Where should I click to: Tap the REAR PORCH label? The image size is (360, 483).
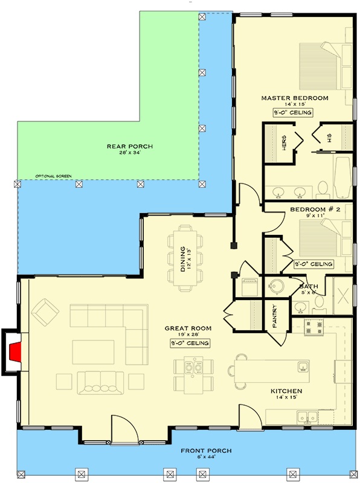pyautogui.click(x=130, y=146)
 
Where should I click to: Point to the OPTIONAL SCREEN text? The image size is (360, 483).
pyautogui.click(x=53, y=176)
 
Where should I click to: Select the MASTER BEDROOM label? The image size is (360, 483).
pyautogui.click(x=294, y=98)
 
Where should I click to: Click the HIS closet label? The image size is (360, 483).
pyautogui.click(x=329, y=140)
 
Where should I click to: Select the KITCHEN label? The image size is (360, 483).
pyautogui.click(x=286, y=391)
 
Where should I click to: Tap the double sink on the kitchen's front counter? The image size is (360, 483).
pyautogui.click(x=308, y=415)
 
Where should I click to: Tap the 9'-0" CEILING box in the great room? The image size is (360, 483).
pyautogui.click(x=190, y=343)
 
